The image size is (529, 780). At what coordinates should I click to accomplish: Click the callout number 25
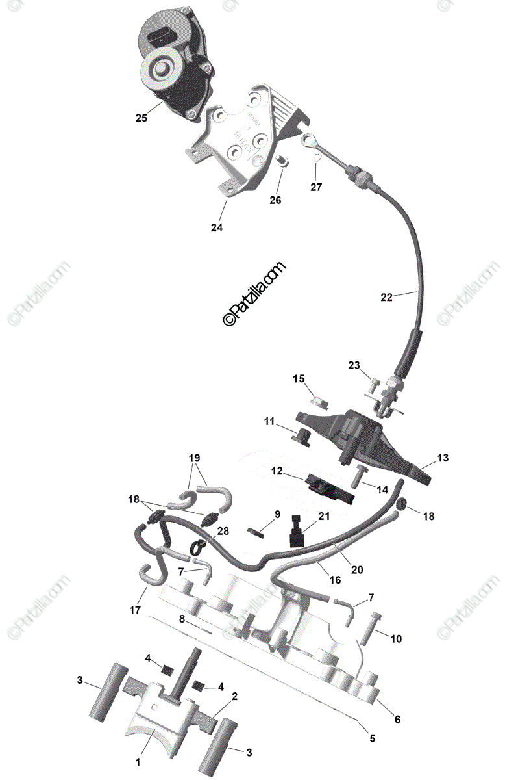[141, 118]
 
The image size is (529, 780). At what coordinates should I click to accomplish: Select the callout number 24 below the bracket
[216, 227]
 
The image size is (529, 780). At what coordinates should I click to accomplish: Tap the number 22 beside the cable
[387, 297]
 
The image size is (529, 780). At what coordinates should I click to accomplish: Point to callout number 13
[442, 458]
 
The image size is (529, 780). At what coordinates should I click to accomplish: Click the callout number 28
[223, 531]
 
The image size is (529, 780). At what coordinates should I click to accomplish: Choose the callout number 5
[373, 738]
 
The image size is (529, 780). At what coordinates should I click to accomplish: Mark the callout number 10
[396, 639]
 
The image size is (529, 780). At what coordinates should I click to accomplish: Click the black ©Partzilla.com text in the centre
[254, 294]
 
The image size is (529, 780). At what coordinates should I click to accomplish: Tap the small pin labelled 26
[281, 160]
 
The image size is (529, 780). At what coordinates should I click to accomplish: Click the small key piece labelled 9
[258, 533]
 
